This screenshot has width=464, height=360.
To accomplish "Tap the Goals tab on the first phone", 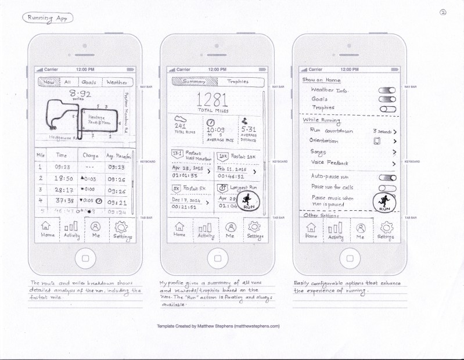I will click(x=89, y=82).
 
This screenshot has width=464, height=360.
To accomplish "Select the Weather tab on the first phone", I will click(x=117, y=82).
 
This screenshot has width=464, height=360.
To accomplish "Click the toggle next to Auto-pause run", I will click(x=386, y=177).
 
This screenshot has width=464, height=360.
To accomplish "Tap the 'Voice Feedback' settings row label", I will click(x=333, y=164).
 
